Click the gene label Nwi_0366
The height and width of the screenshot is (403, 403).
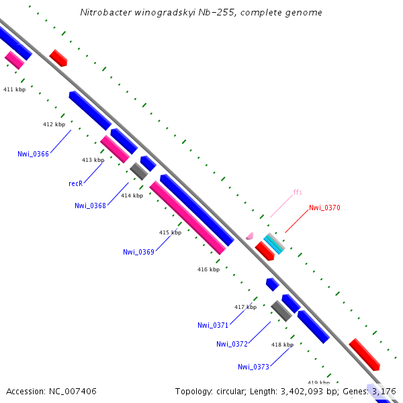(x=33, y=154)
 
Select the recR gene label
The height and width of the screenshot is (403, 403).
(x=75, y=183)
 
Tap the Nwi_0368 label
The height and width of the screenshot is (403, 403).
(x=90, y=206)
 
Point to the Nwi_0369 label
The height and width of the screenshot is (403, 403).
(x=138, y=252)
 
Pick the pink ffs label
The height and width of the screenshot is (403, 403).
(x=298, y=192)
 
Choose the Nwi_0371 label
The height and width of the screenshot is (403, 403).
(x=213, y=325)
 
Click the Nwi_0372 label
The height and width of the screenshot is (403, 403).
(x=232, y=344)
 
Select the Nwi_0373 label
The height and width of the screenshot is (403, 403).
(x=253, y=367)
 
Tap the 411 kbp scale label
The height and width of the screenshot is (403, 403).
(x=14, y=89)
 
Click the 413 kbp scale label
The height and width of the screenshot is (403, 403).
(x=93, y=160)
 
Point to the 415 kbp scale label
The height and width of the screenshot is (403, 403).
(x=170, y=232)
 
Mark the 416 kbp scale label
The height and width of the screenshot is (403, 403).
(x=208, y=269)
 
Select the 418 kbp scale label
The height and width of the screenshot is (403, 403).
(x=282, y=345)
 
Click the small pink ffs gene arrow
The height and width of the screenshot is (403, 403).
(x=250, y=236)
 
